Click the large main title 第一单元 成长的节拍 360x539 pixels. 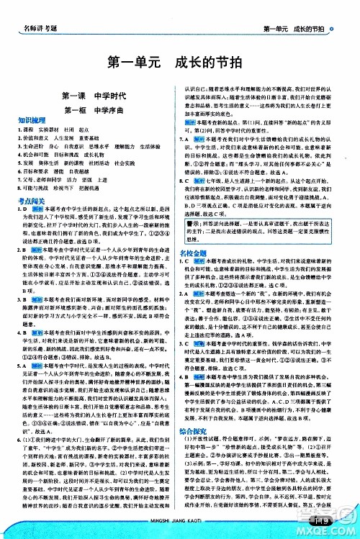[x=179, y=63]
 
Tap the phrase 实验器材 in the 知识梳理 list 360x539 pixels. [x=45, y=130]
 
